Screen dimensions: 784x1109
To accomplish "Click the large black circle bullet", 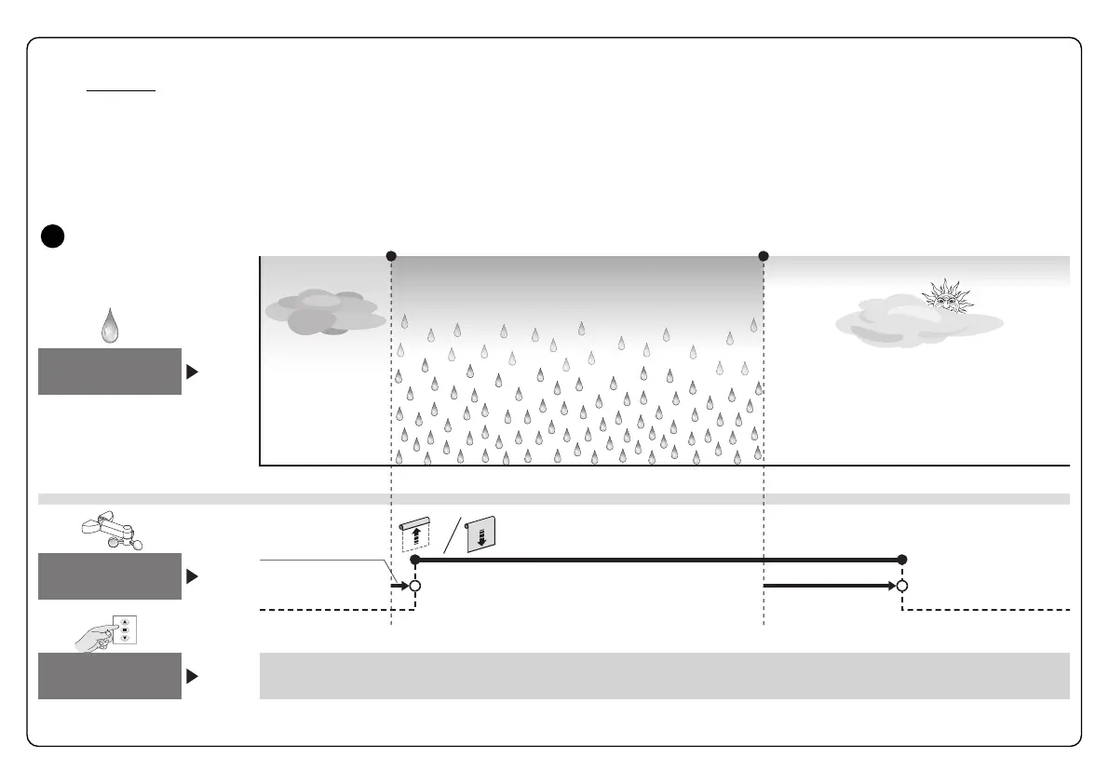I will [53, 237].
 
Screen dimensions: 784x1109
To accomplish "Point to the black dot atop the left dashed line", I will [391, 256].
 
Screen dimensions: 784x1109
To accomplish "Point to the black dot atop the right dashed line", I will [764, 256].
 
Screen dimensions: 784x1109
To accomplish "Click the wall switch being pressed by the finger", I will [125, 629].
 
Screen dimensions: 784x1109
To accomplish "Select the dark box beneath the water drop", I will [110, 372].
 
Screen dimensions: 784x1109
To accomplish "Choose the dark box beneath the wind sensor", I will [110, 575].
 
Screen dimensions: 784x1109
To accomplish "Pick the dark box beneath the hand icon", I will [110, 676].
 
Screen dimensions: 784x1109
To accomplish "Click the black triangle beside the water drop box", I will [192, 372].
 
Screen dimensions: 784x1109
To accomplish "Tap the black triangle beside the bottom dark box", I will [192, 677].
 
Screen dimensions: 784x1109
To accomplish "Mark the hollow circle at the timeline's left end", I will [415, 587].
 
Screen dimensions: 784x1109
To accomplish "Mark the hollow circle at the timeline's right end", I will [901, 587].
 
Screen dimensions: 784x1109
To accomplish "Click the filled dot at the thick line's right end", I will [901, 560].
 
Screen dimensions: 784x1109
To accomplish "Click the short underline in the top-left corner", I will [121, 91].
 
